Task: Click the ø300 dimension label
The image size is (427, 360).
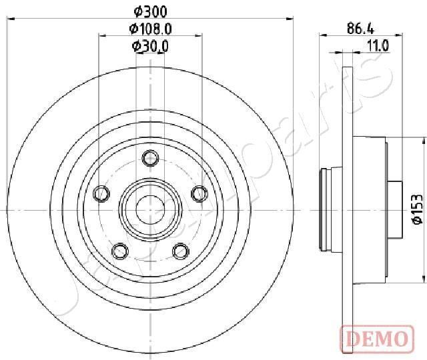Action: pos(149,11)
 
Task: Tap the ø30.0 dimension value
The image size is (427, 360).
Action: pos(149,46)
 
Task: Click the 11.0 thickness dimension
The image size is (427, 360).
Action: pos(378,46)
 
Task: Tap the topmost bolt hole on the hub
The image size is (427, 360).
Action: pos(150,158)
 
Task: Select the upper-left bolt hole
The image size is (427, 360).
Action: pos(102,194)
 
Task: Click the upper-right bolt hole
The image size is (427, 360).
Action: pos(198,193)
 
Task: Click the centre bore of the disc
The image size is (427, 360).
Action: pos(150,209)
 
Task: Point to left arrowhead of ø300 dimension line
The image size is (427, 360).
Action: pos(9,20)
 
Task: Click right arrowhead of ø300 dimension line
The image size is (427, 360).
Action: pos(291,20)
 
